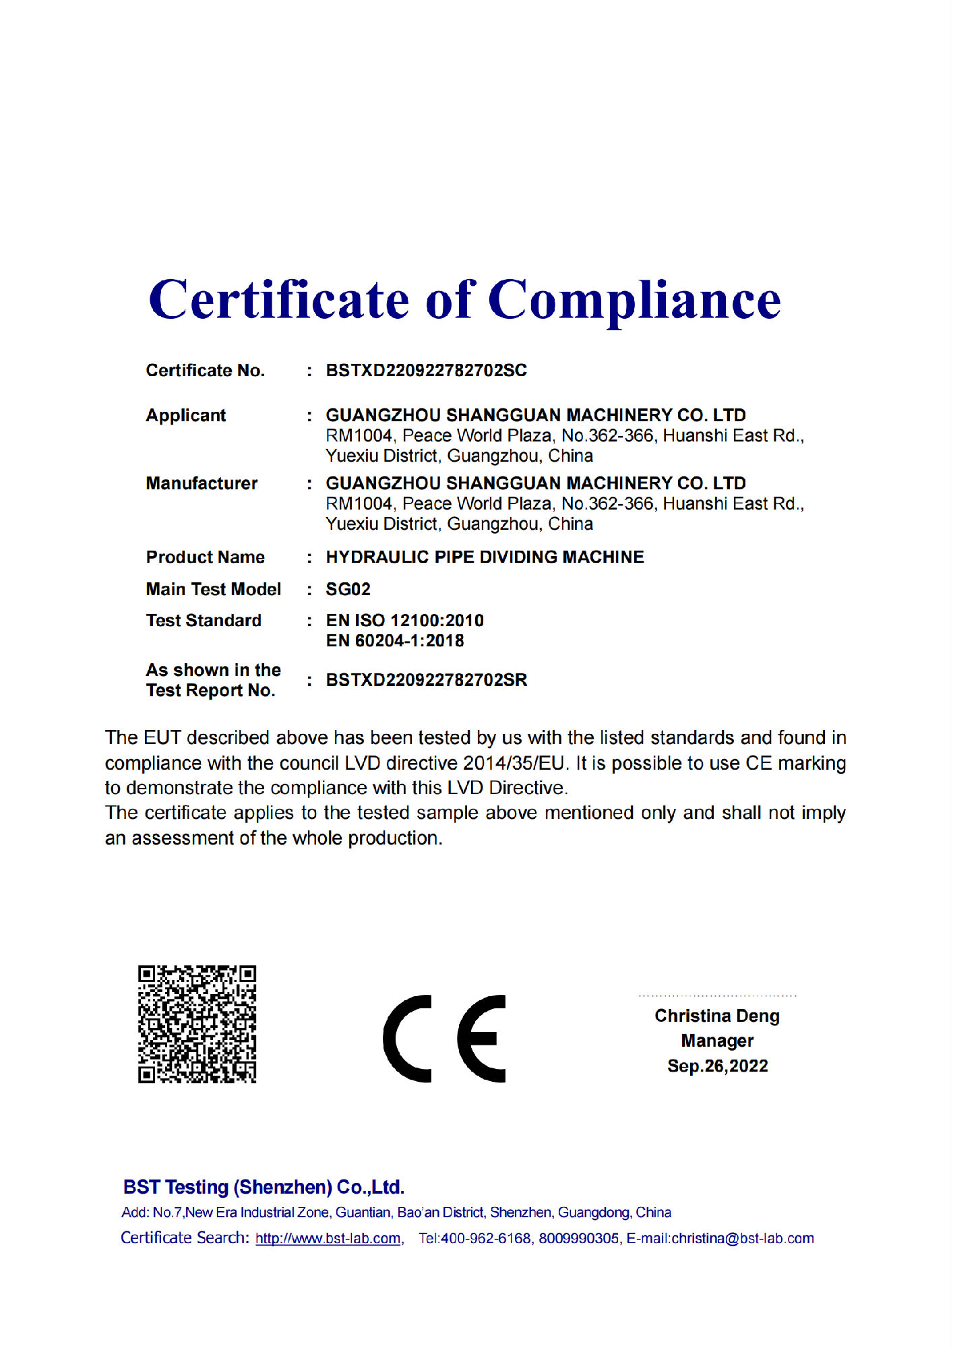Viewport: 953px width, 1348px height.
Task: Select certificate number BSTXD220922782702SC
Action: (x=426, y=371)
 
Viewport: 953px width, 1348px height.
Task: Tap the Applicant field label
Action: (x=186, y=415)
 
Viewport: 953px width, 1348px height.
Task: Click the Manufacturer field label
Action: (x=202, y=483)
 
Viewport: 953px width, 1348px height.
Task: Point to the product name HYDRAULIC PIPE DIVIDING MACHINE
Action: (x=485, y=557)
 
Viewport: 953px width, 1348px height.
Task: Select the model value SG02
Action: (x=348, y=589)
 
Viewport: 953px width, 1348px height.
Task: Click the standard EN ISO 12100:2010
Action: (x=404, y=620)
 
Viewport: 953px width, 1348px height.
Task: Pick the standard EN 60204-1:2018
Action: (x=395, y=640)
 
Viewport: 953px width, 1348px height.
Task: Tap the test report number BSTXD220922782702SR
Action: (x=426, y=680)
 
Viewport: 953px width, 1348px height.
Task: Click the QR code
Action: (x=197, y=1024)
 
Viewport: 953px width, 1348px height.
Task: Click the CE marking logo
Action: (x=444, y=1038)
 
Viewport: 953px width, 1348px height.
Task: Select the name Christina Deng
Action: (x=716, y=1016)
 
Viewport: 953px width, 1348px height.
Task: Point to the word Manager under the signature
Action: (x=717, y=1041)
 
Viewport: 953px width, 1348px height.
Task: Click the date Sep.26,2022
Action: (x=717, y=1066)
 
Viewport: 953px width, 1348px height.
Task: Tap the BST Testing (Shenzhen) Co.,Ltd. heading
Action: (x=264, y=1187)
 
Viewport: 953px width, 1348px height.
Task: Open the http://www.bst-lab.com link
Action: (x=328, y=1238)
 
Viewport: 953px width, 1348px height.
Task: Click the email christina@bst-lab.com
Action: (x=743, y=1238)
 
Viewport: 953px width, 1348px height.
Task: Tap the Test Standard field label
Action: (x=204, y=620)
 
